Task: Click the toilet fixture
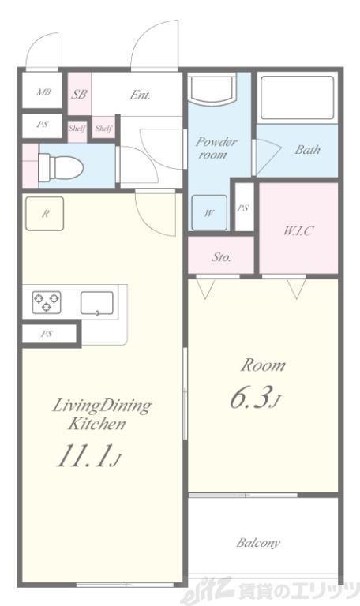point(61,167)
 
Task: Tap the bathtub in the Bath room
point(297,97)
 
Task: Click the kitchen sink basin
point(97,303)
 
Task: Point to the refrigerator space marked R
point(44,214)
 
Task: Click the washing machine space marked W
point(209,213)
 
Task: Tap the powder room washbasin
point(212,88)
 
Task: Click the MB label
point(43,92)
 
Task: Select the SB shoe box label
point(80,94)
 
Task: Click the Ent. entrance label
point(140,95)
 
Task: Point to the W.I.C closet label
point(298,231)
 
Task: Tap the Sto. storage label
point(221,257)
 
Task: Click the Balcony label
point(258,543)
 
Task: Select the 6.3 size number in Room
point(249,398)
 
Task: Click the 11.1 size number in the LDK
point(83,456)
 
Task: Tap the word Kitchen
point(97,424)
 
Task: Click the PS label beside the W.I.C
point(243,208)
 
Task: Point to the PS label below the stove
point(47,334)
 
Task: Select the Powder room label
point(216,148)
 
